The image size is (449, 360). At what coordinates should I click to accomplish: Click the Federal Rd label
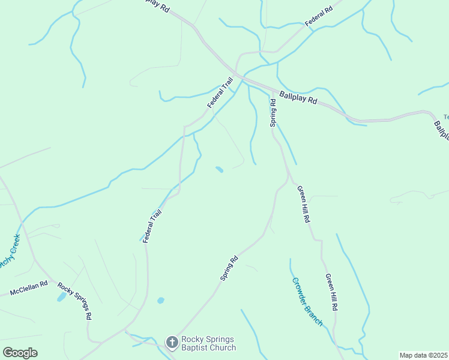[x=318, y=17]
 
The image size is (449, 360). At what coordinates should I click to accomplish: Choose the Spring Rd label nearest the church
[x=229, y=268]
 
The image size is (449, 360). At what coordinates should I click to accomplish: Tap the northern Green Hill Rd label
[x=304, y=204]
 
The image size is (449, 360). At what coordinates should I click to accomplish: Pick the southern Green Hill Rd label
[x=331, y=292]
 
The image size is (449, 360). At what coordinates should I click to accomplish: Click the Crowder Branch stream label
[x=307, y=301]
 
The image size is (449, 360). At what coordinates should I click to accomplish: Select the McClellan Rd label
[x=28, y=289]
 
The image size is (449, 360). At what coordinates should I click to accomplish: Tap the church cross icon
[x=172, y=343]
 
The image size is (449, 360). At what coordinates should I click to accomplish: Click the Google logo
[x=20, y=352]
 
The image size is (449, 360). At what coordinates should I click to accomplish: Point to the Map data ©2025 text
[x=423, y=355]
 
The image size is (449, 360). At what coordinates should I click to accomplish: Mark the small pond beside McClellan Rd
[x=61, y=297]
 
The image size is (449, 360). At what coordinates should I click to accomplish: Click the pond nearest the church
[x=160, y=300]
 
